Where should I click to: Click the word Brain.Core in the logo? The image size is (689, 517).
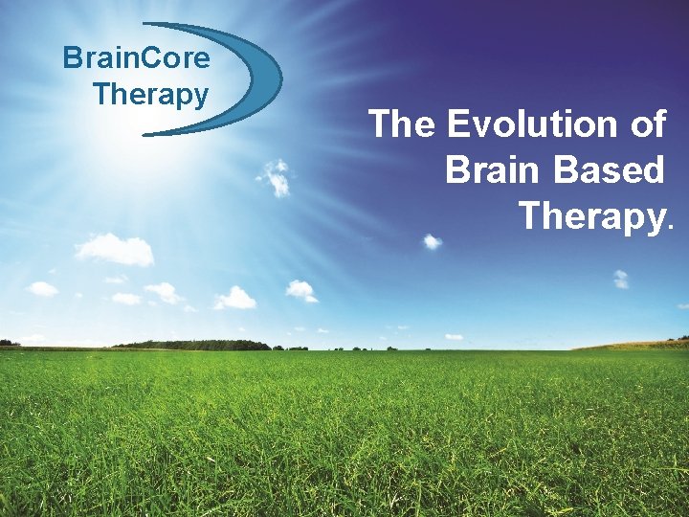pyautogui.click(x=136, y=58)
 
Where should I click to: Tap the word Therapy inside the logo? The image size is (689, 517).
pyautogui.click(x=150, y=95)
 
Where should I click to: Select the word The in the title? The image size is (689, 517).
pyautogui.click(x=401, y=124)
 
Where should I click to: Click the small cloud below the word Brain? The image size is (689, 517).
pyautogui.click(x=433, y=241)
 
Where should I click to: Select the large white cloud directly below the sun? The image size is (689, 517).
pyautogui.click(x=115, y=250)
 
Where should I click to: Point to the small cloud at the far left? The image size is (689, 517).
pyautogui.click(x=42, y=288)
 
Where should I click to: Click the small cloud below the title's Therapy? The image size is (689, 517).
pyautogui.click(x=621, y=279)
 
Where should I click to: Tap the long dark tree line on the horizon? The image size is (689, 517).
pyautogui.click(x=191, y=345)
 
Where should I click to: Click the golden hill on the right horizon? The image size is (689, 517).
pyautogui.click(x=632, y=345)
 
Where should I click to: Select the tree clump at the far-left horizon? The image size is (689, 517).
pyautogui.click(x=9, y=343)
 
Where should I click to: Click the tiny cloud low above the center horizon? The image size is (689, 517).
pyautogui.click(x=453, y=337)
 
